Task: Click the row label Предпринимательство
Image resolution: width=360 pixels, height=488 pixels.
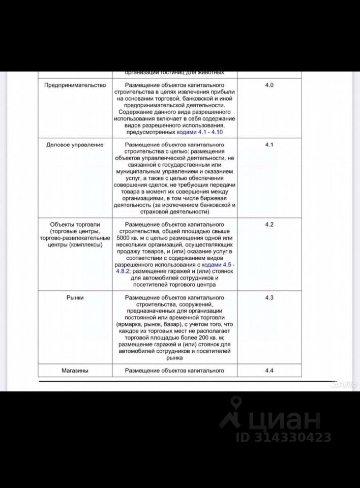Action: tap(75, 85)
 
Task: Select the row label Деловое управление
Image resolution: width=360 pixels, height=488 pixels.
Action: tap(75, 145)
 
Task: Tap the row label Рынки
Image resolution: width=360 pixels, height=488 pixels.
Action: tap(75, 298)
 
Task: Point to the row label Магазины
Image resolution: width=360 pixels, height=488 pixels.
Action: tap(75, 371)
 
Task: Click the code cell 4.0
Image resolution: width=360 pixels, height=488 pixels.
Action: tap(269, 85)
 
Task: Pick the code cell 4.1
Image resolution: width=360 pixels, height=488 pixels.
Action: tap(269, 145)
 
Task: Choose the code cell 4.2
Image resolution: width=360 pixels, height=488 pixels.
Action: tap(269, 224)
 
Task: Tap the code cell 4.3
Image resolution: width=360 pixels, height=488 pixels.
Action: tap(269, 298)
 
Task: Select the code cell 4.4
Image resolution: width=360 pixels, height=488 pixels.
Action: tap(269, 371)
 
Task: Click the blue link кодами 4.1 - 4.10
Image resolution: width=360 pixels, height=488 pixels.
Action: tap(199, 132)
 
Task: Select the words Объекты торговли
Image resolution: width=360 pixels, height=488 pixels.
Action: tap(75, 224)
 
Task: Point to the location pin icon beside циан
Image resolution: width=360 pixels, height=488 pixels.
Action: tap(235, 412)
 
